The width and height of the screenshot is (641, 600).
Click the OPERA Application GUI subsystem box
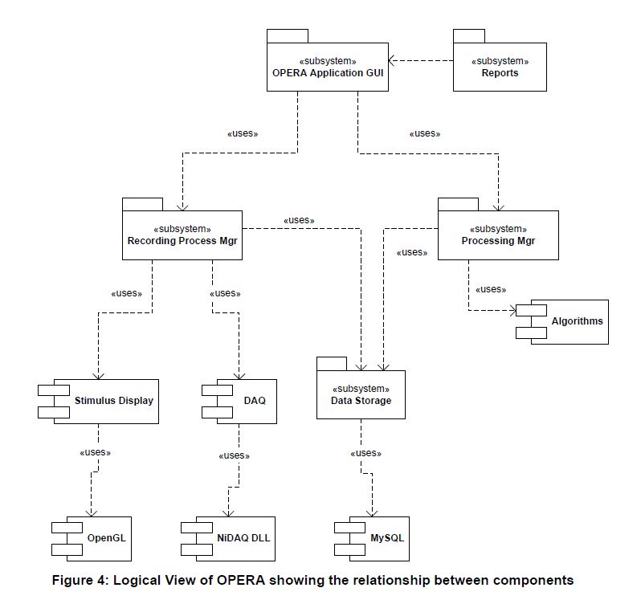(x=328, y=67)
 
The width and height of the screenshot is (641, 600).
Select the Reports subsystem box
(x=500, y=67)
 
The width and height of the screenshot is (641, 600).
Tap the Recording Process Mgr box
(x=182, y=235)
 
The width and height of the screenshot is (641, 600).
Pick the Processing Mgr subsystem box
(x=498, y=235)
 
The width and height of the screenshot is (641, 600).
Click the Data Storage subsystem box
(x=361, y=394)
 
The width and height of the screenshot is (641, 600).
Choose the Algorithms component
(x=562, y=321)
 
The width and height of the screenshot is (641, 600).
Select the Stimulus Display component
(x=98, y=401)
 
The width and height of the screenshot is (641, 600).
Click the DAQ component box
(x=239, y=401)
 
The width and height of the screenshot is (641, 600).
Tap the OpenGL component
(x=92, y=538)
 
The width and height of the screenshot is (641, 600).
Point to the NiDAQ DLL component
(x=228, y=538)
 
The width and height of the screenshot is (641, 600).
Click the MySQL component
(x=372, y=538)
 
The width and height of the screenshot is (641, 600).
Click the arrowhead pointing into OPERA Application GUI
(x=391, y=60)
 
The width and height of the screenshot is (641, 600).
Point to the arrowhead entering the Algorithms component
(x=512, y=310)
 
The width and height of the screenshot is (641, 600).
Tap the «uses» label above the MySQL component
(x=365, y=453)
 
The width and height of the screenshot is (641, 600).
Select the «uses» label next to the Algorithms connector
(x=491, y=289)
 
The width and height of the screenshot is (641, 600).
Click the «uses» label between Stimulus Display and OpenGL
(x=96, y=452)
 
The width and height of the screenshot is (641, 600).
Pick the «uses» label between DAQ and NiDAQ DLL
(x=235, y=455)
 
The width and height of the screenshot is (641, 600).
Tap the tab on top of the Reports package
(x=469, y=36)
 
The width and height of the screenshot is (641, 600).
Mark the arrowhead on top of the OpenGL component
(x=91, y=513)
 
